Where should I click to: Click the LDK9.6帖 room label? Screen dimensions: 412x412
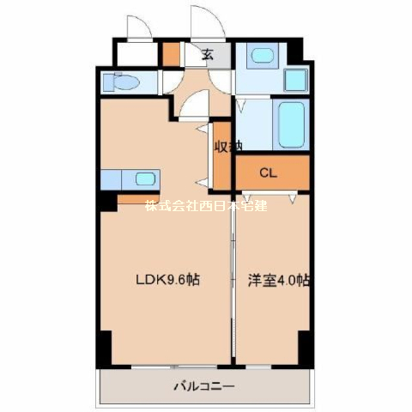(x=167, y=280)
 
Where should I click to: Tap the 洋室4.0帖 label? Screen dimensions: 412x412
(x=279, y=281)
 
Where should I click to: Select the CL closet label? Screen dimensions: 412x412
(x=268, y=173)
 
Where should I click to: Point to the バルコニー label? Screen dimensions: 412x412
(x=204, y=386)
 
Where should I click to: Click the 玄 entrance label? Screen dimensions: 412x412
(x=208, y=54)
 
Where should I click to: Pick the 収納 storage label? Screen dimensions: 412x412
(x=228, y=146)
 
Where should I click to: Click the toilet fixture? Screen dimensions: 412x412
(x=121, y=82)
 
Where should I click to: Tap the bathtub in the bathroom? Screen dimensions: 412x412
(x=291, y=124)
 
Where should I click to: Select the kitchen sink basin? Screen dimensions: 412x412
(x=145, y=179)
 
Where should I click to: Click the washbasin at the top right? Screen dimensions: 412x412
(x=263, y=55)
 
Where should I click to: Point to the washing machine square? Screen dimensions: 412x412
(x=296, y=80)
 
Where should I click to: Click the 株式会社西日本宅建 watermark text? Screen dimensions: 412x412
(x=206, y=205)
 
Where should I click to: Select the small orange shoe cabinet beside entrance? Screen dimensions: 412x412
(x=172, y=54)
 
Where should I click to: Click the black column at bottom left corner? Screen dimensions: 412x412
(x=104, y=348)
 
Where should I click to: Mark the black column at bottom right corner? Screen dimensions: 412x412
(x=305, y=348)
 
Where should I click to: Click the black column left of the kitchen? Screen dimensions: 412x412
(x=108, y=202)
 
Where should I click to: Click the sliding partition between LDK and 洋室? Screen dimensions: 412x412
(x=233, y=279)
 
